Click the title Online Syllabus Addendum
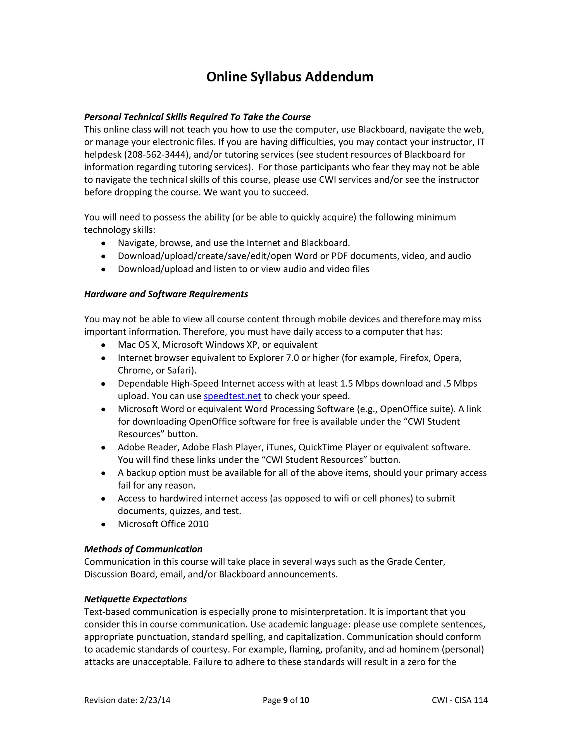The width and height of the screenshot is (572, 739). pos(290,77)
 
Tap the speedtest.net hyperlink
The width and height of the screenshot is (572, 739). pos(232,396)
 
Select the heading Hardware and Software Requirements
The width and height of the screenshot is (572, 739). pos(166,294)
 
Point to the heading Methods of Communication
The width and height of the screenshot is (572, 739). pos(143,549)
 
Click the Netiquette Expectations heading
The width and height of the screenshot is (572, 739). pos(135,599)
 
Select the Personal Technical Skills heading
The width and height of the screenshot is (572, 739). pos(197,117)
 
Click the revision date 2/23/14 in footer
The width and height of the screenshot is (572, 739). pos(155,700)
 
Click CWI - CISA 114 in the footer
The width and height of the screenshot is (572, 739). pos(459,700)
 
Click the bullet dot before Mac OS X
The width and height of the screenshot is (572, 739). pos(103,345)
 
